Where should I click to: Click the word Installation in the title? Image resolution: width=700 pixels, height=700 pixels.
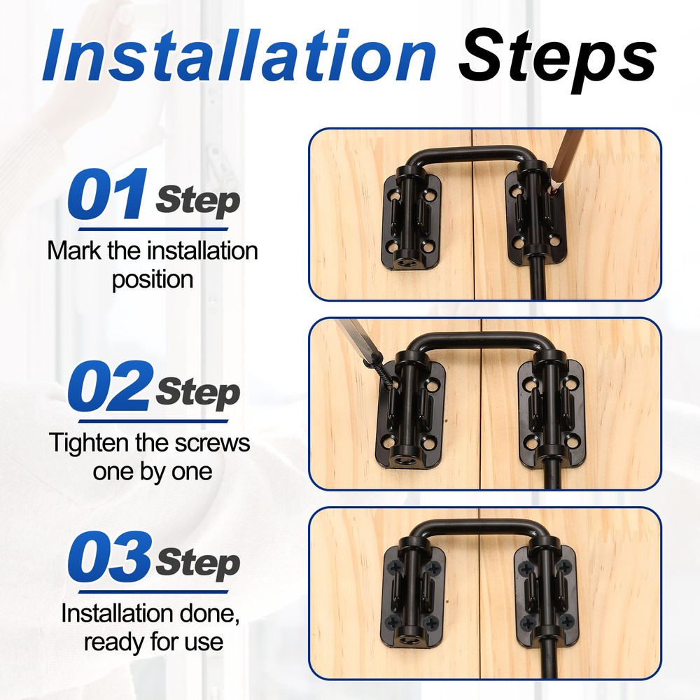(239, 55)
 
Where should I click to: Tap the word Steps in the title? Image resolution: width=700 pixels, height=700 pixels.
(557, 60)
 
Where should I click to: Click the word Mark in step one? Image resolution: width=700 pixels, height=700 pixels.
(74, 251)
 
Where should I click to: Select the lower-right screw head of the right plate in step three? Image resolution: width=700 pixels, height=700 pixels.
(567, 620)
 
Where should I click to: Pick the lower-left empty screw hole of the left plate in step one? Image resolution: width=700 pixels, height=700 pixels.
(393, 246)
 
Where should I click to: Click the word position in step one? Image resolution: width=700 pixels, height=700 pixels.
(152, 280)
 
